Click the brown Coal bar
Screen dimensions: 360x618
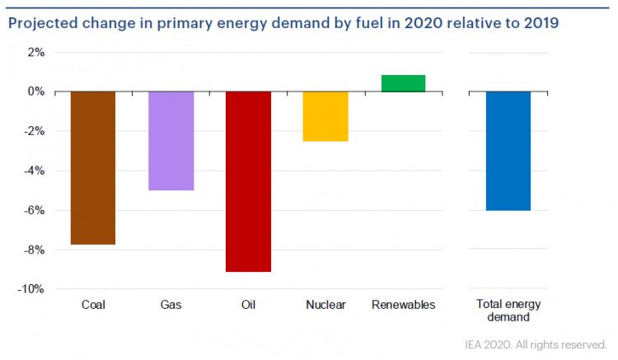(92, 168)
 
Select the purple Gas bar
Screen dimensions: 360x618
(171, 141)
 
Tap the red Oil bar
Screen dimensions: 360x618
(248, 181)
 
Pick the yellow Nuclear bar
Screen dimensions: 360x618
(325, 116)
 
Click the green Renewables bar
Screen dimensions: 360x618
(403, 83)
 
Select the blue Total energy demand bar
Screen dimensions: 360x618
(508, 151)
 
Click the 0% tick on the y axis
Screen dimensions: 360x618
(36, 91)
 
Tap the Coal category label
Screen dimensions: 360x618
(93, 305)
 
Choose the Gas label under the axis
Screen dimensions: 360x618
(171, 305)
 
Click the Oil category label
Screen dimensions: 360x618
(248, 305)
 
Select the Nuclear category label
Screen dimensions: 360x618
(325, 305)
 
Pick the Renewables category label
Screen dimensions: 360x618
(403, 305)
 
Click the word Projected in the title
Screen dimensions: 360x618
(42, 23)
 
